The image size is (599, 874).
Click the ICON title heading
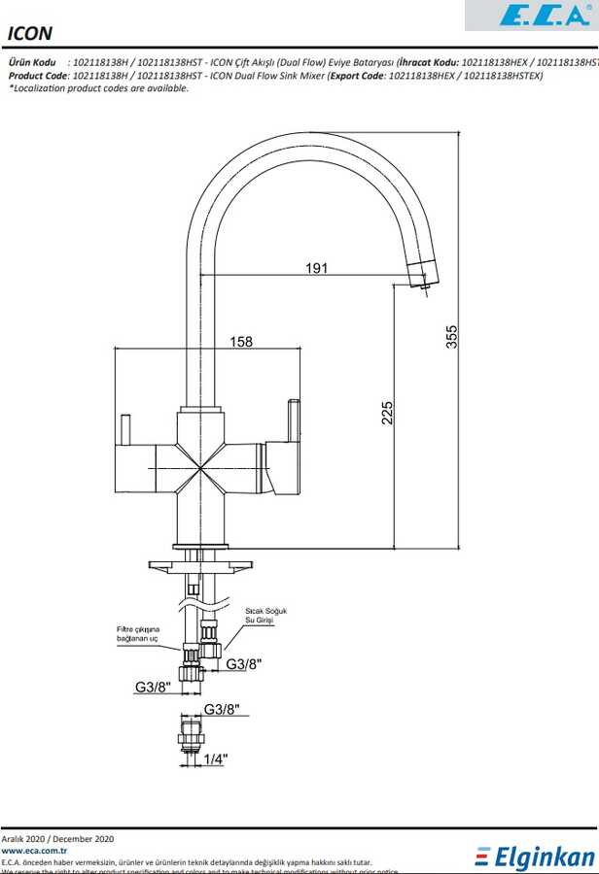pos(30,33)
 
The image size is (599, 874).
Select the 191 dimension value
pos(316,268)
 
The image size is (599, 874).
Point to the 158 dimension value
pos(241,342)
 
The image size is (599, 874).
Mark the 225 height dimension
pos(387,413)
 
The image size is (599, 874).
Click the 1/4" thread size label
pos(216,759)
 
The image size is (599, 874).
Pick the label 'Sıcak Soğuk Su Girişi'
pos(265,615)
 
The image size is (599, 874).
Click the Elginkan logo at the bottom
pos(535,857)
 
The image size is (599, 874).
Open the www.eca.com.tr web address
pos(33,850)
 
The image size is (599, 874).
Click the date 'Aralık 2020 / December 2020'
pos(57,838)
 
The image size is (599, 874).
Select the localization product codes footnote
pos(98,88)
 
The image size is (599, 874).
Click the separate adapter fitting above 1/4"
pos(191,735)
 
